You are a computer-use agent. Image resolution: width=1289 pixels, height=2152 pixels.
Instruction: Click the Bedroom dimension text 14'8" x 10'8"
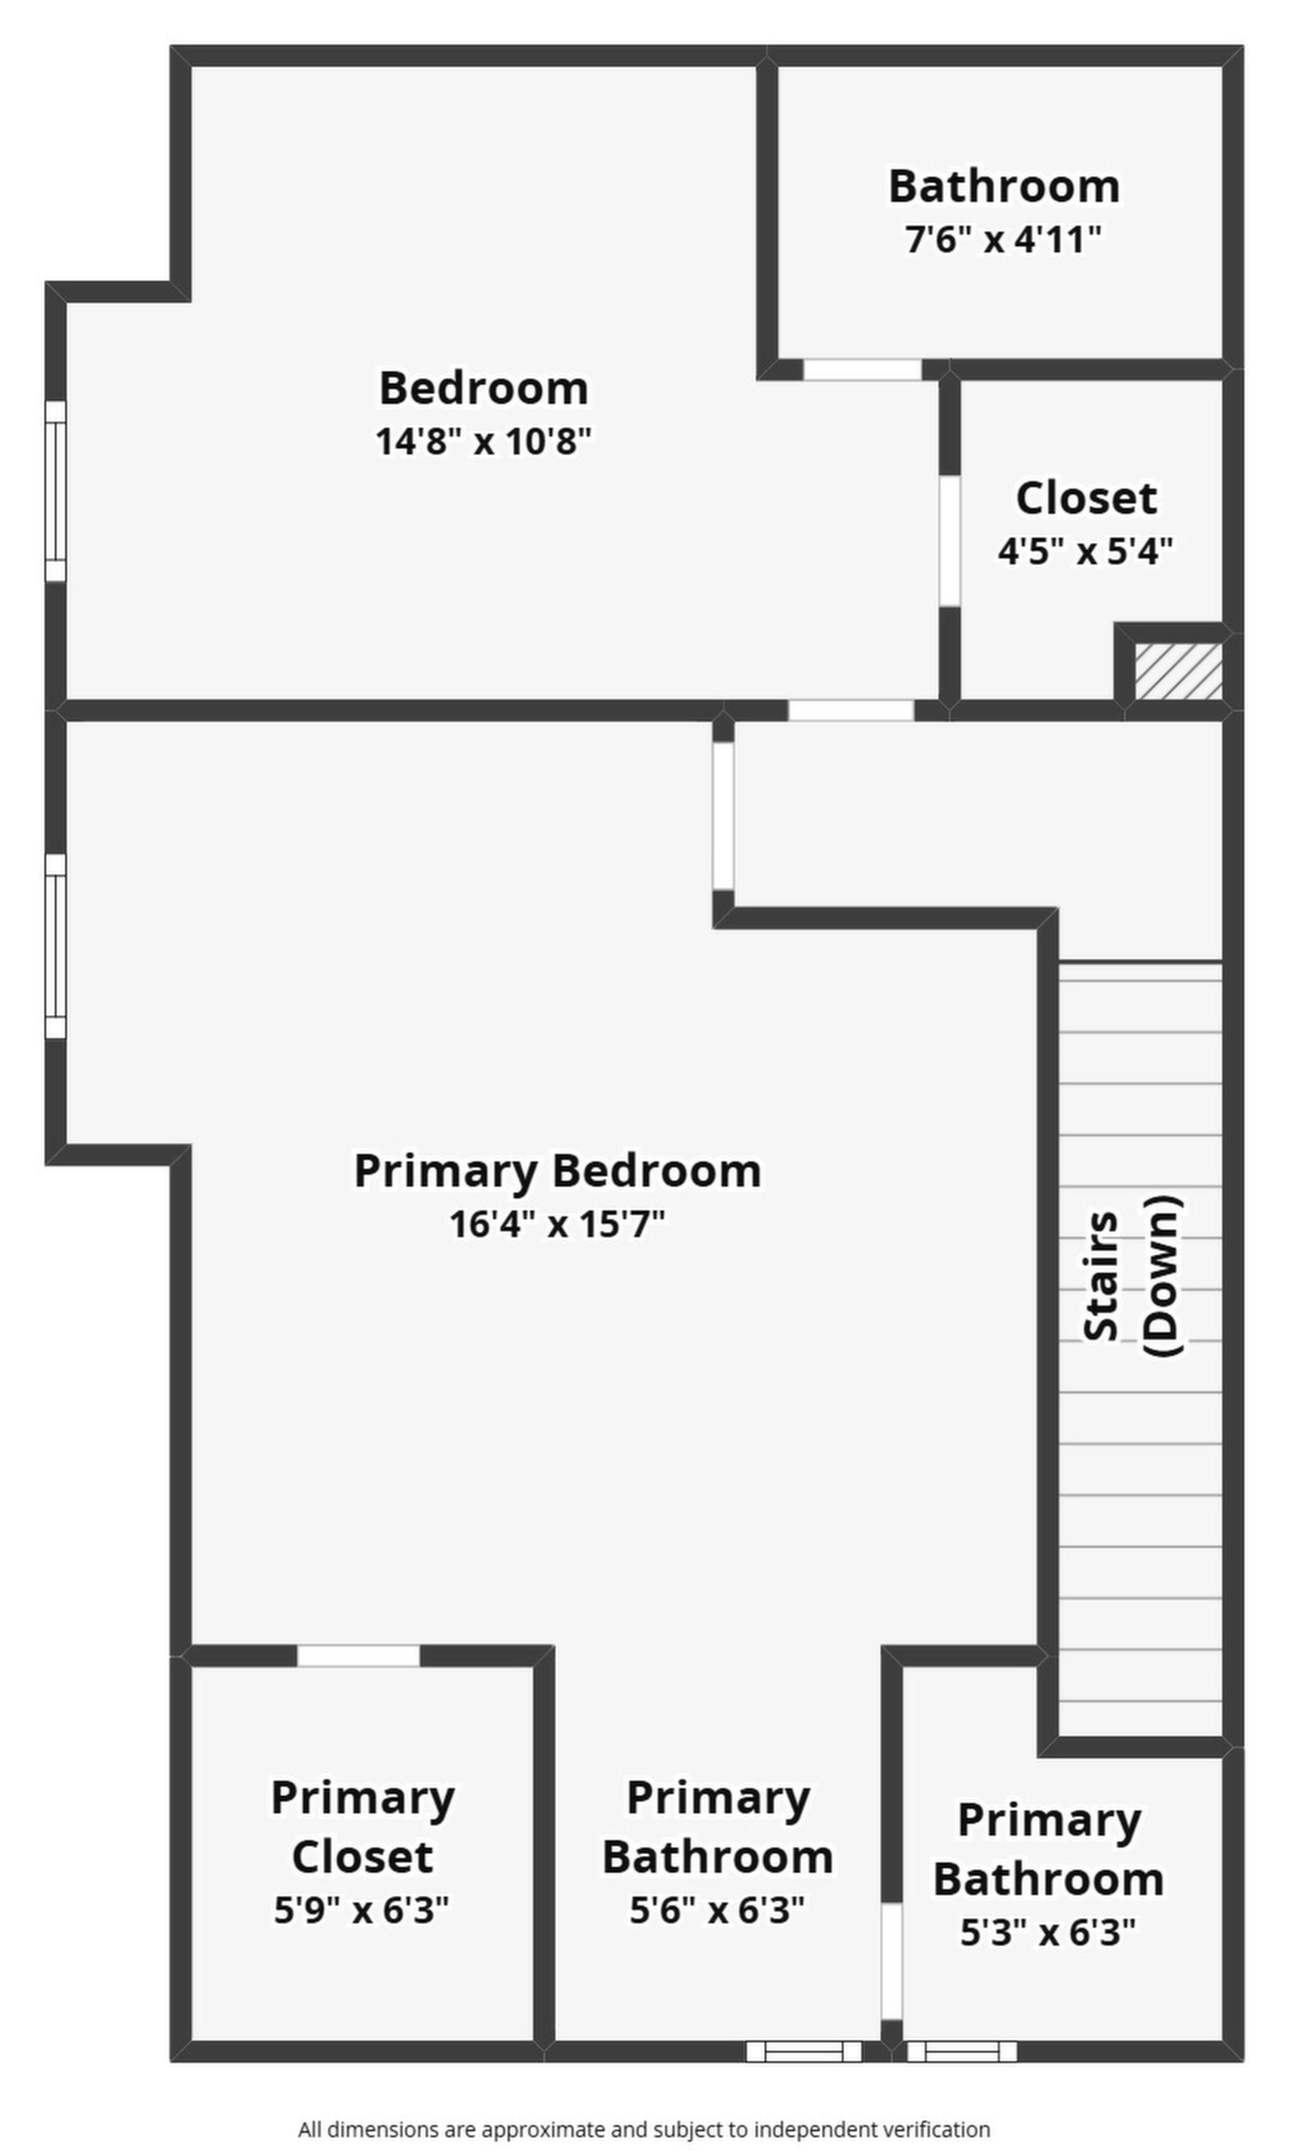point(483,441)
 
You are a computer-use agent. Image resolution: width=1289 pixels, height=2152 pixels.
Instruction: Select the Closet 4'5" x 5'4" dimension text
point(1085,550)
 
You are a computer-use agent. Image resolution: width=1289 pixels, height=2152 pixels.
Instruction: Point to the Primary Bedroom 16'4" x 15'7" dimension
point(557,1225)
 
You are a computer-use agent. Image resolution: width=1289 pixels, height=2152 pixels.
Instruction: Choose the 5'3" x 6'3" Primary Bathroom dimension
point(1047,1933)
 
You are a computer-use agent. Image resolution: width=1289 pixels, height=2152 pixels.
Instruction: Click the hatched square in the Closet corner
point(1179,670)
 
